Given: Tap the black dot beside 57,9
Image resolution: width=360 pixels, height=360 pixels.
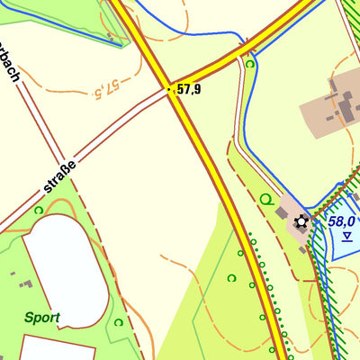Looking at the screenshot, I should pos(170,89).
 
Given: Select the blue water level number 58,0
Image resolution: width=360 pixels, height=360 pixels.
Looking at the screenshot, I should pos(342,221).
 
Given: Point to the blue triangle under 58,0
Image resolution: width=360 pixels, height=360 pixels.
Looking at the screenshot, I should pos(346,237).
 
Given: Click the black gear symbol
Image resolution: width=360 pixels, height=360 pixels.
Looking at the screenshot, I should pos(301,222).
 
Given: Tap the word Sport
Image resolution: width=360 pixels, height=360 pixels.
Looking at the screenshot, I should pos(42,317).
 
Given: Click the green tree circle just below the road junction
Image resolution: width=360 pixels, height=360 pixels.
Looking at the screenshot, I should pos(250,64).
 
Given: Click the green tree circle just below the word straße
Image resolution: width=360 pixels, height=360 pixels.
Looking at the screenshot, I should pos(38,210).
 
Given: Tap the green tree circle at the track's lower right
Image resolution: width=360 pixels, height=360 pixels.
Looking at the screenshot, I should pos(118,322).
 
